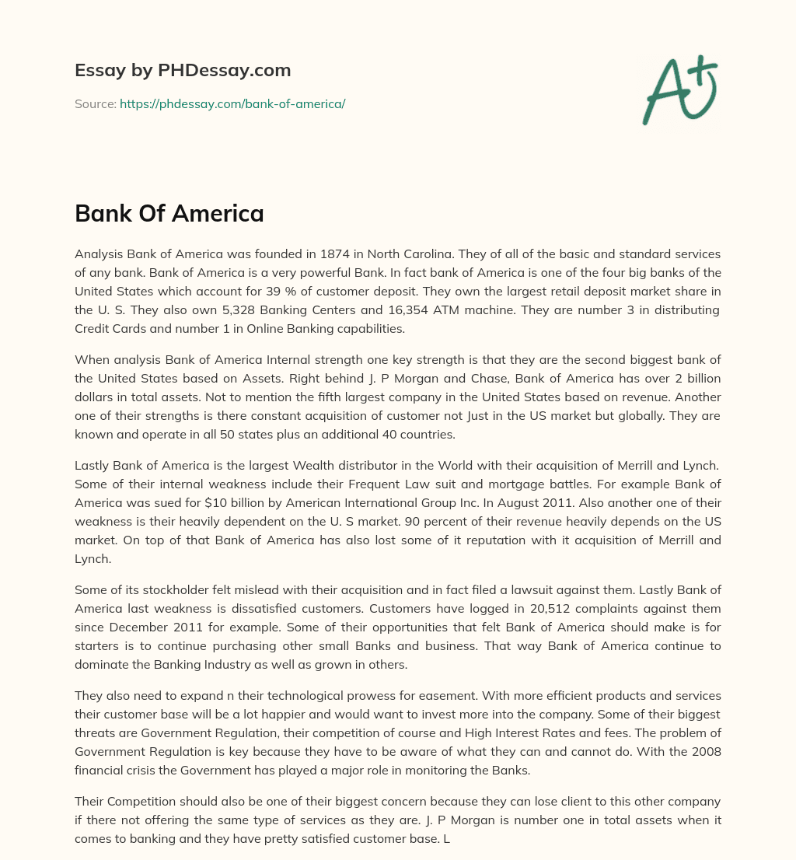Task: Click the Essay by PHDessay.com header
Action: (183, 71)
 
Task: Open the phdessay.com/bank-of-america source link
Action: (232, 103)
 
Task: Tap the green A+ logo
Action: (679, 89)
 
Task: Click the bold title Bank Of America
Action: (169, 214)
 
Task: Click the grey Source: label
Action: (96, 103)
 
